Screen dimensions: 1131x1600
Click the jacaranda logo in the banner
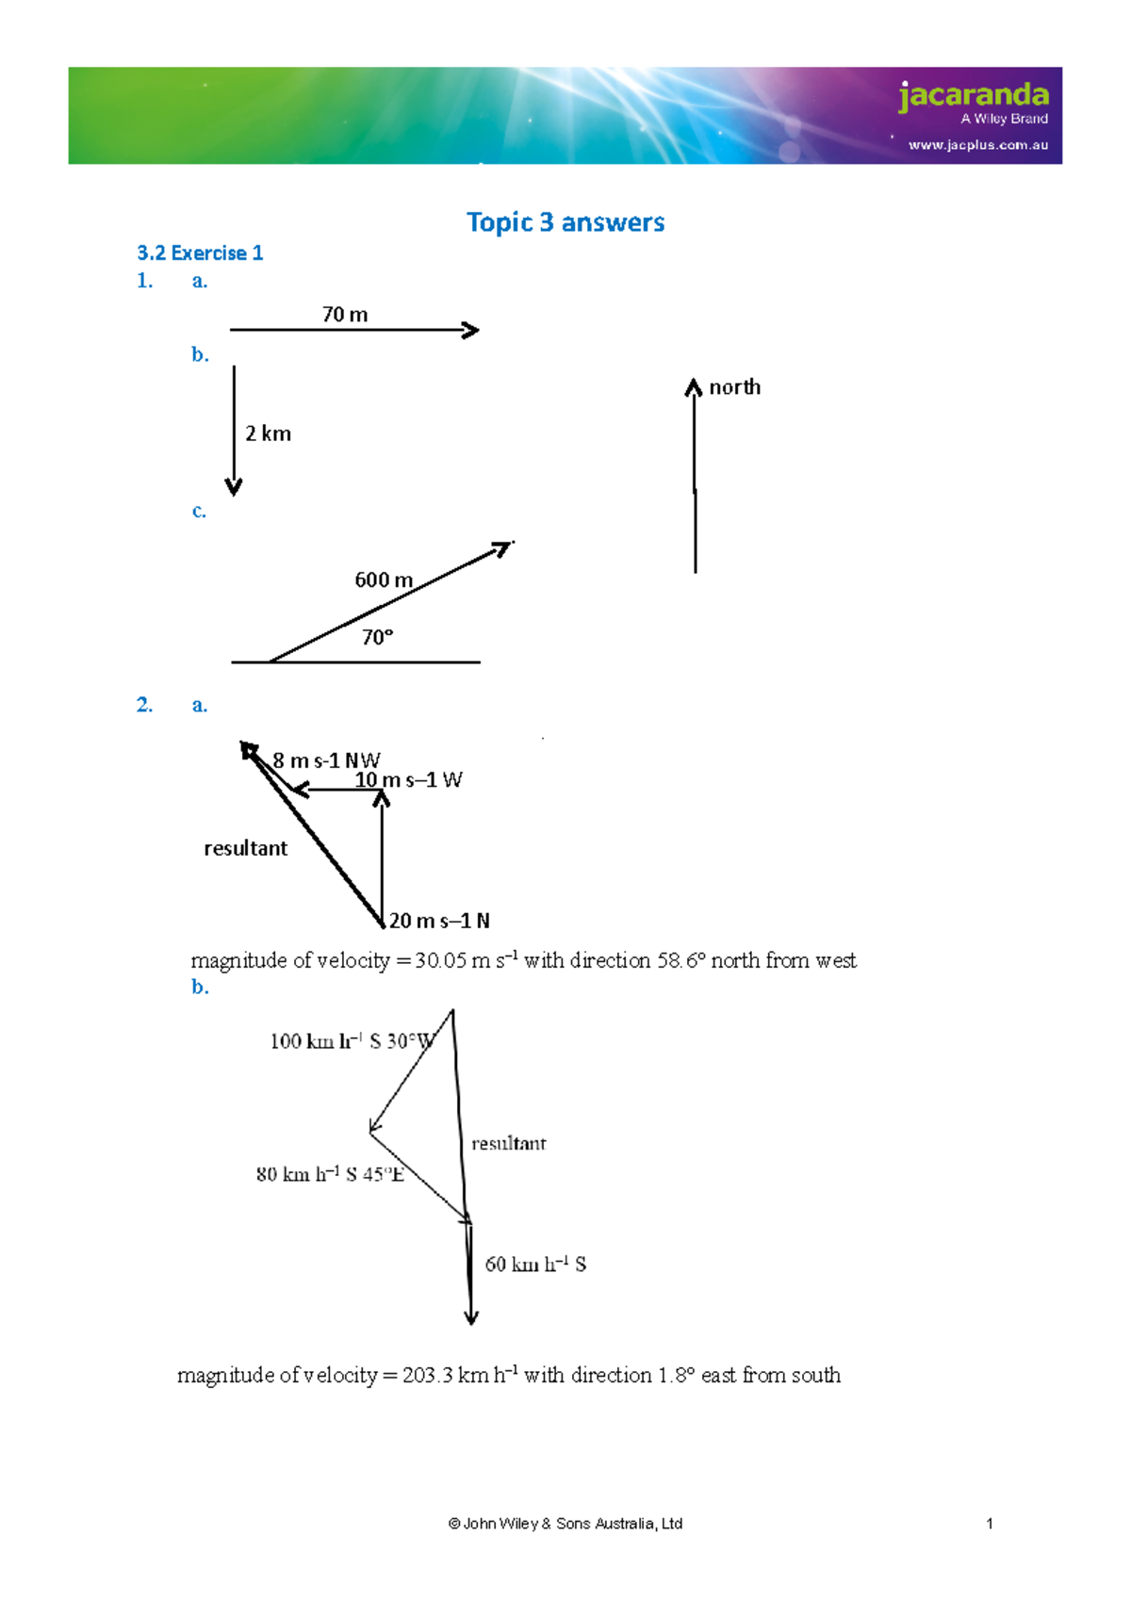coord(973,95)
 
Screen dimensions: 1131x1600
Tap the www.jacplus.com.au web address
coord(977,145)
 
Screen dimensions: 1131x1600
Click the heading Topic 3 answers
coord(565,222)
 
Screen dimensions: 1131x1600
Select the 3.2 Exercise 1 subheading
coord(200,253)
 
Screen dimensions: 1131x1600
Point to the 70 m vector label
coord(345,315)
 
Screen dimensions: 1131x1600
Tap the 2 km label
coord(268,433)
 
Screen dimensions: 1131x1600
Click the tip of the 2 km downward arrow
coord(234,489)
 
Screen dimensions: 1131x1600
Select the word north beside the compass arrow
coord(734,387)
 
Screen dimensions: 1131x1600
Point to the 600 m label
coord(384,580)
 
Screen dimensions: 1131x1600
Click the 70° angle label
coord(377,638)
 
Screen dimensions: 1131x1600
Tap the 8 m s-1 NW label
coord(326,760)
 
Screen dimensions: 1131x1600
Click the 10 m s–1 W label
coord(408,780)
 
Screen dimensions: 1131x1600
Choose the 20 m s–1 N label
coord(439,921)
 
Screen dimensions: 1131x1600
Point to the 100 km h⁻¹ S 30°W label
coord(352,1041)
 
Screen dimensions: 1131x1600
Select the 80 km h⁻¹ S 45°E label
coord(330,1174)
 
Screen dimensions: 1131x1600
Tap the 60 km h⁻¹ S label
coord(535,1265)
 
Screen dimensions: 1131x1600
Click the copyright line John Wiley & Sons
coord(565,1524)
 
